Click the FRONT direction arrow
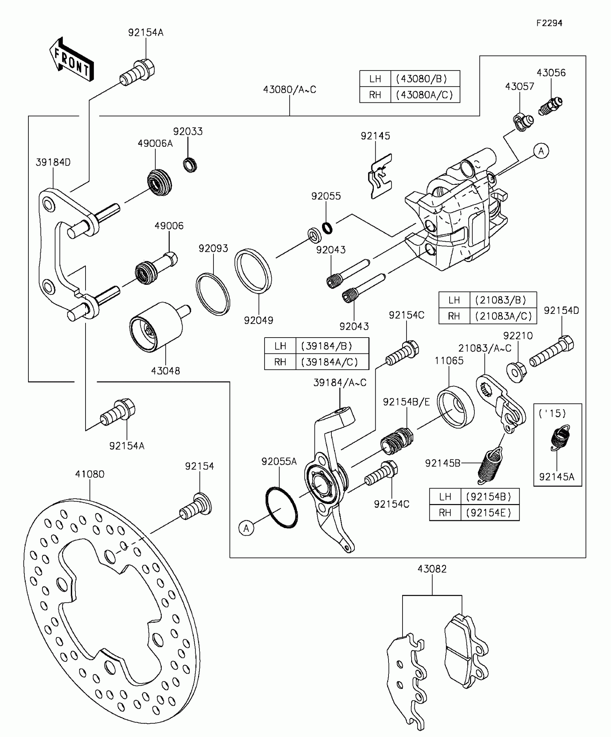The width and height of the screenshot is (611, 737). (x=72, y=59)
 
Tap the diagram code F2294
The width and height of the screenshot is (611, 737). (x=549, y=23)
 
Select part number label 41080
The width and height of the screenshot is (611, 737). (x=90, y=474)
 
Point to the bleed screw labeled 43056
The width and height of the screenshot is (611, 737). (x=550, y=106)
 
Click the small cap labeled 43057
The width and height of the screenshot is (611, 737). (x=523, y=122)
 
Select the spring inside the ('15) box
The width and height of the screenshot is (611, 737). (x=560, y=437)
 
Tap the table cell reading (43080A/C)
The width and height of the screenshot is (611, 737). (x=425, y=95)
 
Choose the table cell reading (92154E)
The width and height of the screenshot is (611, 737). (x=490, y=513)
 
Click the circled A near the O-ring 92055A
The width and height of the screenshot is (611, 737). (x=246, y=528)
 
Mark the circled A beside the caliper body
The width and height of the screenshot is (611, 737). (x=541, y=151)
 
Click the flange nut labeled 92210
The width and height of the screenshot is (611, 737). (x=517, y=372)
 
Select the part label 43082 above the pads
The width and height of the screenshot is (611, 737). (x=432, y=569)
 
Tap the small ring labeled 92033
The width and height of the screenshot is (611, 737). (x=190, y=165)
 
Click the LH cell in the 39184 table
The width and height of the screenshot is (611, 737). (x=280, y=346)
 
